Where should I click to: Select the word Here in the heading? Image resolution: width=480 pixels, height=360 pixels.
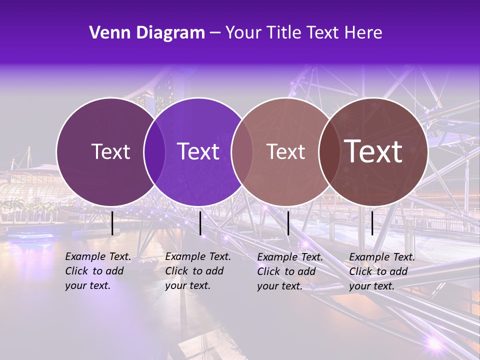(x=365, y=33)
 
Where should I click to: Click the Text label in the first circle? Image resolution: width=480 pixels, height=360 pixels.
(x=110, y=151)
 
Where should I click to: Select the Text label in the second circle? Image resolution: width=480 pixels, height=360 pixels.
(x=198, y=151)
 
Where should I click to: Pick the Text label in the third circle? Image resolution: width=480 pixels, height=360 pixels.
(x=285, y=151)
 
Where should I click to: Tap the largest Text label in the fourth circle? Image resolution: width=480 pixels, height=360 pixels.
(x=373, y=151)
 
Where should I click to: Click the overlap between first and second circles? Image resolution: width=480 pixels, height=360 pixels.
(x=154, y=152)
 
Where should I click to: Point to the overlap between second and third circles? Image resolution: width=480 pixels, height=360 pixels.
(x=242, y=152)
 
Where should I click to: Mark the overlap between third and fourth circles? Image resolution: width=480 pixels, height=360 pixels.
(x=329, y=152)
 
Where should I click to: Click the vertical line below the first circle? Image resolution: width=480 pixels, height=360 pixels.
(x=112, y=223)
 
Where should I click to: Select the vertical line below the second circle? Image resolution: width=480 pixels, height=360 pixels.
(x=200, y=223)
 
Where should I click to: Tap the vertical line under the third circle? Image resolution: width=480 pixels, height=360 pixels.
(x=288, y=223)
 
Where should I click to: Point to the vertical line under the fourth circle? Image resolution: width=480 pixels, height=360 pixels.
(x=372, y=223)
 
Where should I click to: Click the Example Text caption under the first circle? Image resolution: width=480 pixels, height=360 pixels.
(x=97, y=271)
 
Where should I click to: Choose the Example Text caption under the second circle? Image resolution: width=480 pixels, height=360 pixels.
(x=197, y=271)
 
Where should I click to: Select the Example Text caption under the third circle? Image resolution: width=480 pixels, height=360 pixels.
(x=289, y=271)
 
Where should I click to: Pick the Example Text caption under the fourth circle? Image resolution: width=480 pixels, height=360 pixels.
(x=381, y=271)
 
